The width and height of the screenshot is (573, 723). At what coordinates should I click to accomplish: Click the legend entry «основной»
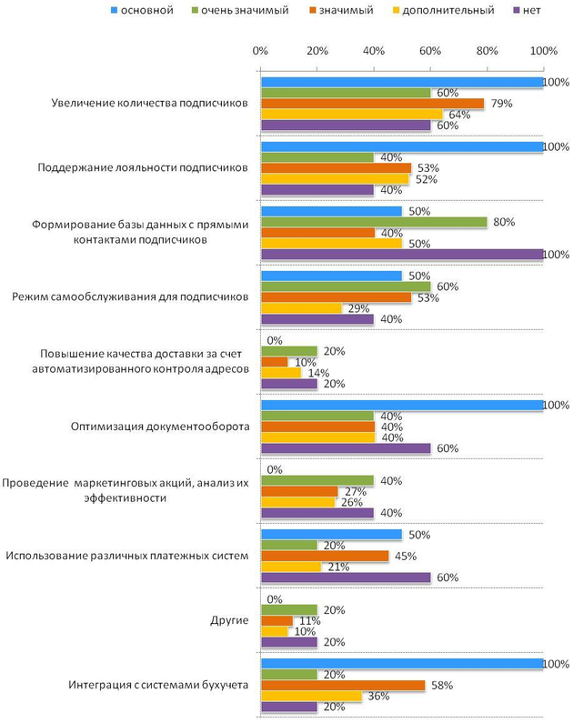[146, 11]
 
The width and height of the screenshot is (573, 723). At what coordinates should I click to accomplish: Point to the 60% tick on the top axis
[430, 51]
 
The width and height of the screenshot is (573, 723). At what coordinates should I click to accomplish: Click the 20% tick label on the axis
[317, 51]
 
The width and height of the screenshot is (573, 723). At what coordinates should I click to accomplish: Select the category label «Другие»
[228, 619]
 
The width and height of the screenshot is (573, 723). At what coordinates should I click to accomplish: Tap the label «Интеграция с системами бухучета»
[158, 684]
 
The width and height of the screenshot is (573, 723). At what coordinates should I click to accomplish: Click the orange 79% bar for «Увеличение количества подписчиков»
[372, 104]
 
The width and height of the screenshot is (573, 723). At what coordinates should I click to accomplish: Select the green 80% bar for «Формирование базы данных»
[374, 222]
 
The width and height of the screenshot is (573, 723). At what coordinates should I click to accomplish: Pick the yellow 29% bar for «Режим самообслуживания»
[302, 308]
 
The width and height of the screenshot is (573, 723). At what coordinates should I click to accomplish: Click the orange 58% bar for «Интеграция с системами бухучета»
[343, 685]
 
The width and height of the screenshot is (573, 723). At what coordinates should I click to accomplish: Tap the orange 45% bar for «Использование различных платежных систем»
[324, 556]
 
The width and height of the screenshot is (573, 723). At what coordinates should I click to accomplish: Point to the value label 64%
[457, 115]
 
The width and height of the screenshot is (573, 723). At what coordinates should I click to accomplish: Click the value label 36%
[377, 696]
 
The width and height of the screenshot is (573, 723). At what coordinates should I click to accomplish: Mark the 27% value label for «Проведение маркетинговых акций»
[351, 491]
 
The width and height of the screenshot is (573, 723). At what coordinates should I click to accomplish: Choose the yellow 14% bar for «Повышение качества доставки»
[281, 372]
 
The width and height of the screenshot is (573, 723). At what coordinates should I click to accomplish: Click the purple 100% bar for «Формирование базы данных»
[402, 254]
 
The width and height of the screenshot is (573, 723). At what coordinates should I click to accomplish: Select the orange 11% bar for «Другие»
[276, 620]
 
